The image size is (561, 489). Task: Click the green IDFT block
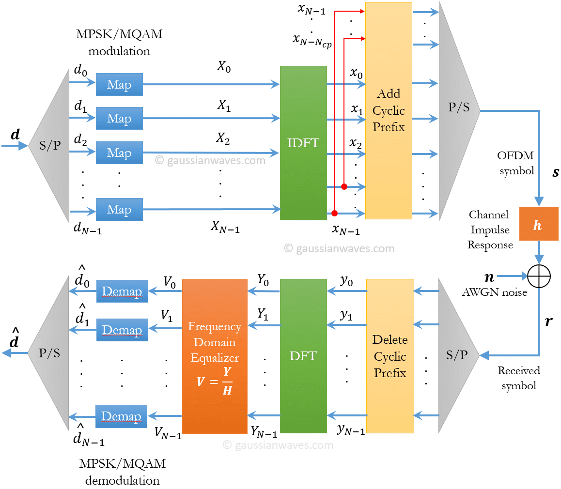(303, 143)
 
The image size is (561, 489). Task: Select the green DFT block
(303, 356)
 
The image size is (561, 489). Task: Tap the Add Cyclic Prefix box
(389, 110)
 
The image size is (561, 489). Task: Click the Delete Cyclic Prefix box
(390, 356)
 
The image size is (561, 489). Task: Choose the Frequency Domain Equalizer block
(215, 356)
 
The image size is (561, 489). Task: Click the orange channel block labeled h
(538, 224)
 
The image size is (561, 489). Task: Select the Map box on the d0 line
(119, 85)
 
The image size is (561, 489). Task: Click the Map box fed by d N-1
(119, 210)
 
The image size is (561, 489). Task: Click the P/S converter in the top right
(458, 107)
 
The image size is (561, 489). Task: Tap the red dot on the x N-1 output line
(334, 213)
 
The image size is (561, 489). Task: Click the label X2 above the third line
(223, 139)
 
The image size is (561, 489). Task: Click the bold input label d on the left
(15, 135)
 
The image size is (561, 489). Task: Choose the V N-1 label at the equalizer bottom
(168, 433)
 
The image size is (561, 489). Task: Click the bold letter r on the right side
(548, 321)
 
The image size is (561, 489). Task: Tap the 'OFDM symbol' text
(516, 163)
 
